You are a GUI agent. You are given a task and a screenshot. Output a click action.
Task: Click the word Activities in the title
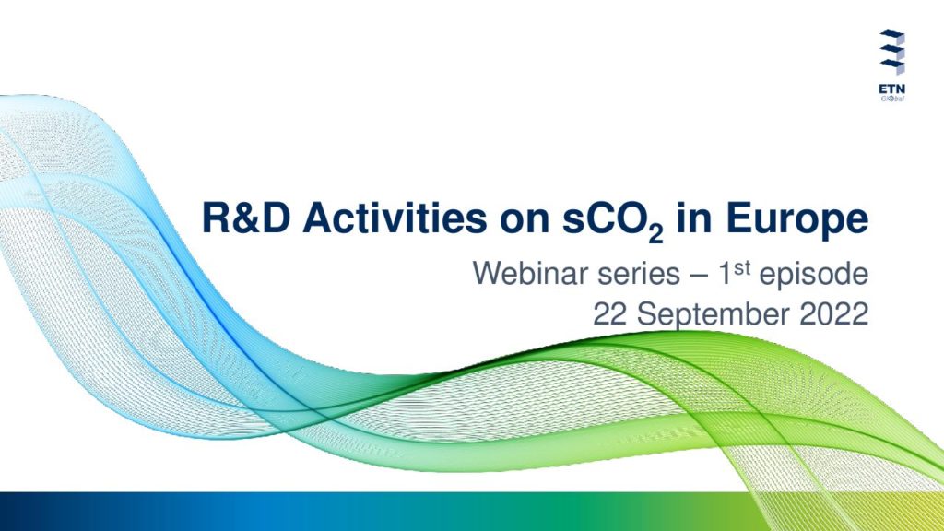point(395,218)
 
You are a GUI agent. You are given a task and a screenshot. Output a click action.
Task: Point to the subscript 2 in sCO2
point(655,233)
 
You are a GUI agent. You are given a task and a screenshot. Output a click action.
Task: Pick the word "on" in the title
point(524,221)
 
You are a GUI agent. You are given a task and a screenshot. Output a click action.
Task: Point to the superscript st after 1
point(742,268)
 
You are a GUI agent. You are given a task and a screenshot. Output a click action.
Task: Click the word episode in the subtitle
point(813,276)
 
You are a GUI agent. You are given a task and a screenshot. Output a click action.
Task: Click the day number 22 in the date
point(610,314)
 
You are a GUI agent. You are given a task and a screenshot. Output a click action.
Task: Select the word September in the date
point(713,316)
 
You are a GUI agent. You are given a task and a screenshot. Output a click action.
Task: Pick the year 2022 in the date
point(833,314)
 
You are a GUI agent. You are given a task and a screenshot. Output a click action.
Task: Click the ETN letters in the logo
point(891,89)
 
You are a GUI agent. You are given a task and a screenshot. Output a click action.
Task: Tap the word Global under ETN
point(892,99)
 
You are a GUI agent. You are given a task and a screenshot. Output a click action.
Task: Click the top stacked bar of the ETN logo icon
point(891,37)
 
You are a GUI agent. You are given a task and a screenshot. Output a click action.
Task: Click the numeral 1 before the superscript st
point(726,274)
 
